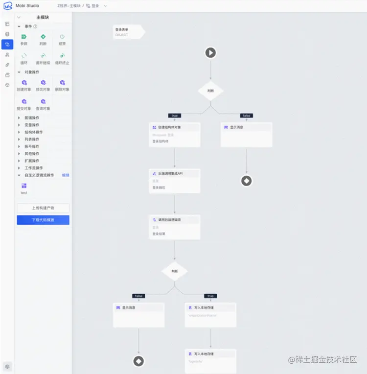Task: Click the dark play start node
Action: tap(210, 52)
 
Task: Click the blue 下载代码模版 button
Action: tap(43, 220)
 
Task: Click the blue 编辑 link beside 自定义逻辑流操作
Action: tap(66, 175)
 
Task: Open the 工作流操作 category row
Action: tap(34, 168)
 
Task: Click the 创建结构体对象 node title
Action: tap(169, 127)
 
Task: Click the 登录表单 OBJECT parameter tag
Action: tap(126, 32)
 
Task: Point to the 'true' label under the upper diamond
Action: tap(175, 116)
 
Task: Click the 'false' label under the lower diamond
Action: tap(138, 296)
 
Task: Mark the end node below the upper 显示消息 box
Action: tap(247, 181)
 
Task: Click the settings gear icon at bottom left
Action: tap(7, 366)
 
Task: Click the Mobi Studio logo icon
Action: tap(7, 6)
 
